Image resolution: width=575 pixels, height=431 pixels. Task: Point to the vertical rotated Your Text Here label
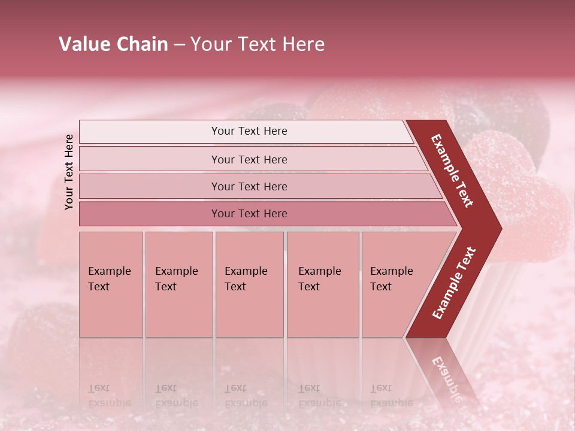[x=69, y=172]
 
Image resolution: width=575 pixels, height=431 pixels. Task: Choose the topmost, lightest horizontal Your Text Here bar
[x=249, y=131]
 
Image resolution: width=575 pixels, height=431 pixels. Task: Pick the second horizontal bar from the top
[x=249, y=159]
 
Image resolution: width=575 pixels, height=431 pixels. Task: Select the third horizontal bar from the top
[x=249, y=186]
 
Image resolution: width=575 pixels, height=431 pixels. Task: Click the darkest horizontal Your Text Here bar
[x=249, y=214]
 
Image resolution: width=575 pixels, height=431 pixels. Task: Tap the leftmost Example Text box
[x=111, y=284]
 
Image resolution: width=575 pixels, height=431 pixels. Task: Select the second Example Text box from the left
[x=178, y=284]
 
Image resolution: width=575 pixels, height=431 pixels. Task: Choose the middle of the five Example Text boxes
[x=249, y=284]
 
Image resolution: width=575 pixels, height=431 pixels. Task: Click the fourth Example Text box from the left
[x=322, y=284]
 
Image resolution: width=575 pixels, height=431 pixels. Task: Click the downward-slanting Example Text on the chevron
[x=452, y=171]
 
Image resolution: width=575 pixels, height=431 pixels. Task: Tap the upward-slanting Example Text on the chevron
[x=454, y=283]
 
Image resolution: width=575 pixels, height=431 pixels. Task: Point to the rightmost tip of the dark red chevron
[x=501, y=229]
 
